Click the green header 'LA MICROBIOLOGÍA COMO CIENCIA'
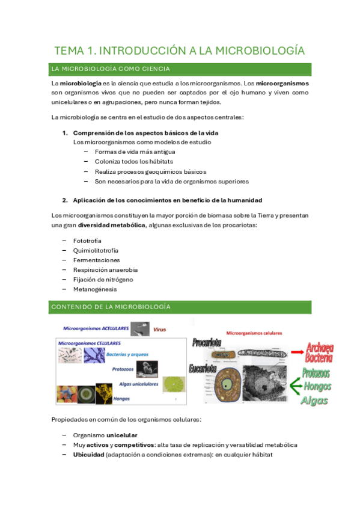111,69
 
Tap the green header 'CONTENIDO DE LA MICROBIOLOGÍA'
111,307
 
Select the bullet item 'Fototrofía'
88,241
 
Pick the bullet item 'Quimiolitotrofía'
96,250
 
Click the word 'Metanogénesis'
94,289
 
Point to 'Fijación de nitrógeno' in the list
103,280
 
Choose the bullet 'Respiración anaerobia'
105,270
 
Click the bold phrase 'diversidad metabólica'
112,226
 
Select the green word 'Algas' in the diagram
315,400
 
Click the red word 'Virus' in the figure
159,330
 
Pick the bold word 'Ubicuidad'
88,455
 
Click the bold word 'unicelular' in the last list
122,435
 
